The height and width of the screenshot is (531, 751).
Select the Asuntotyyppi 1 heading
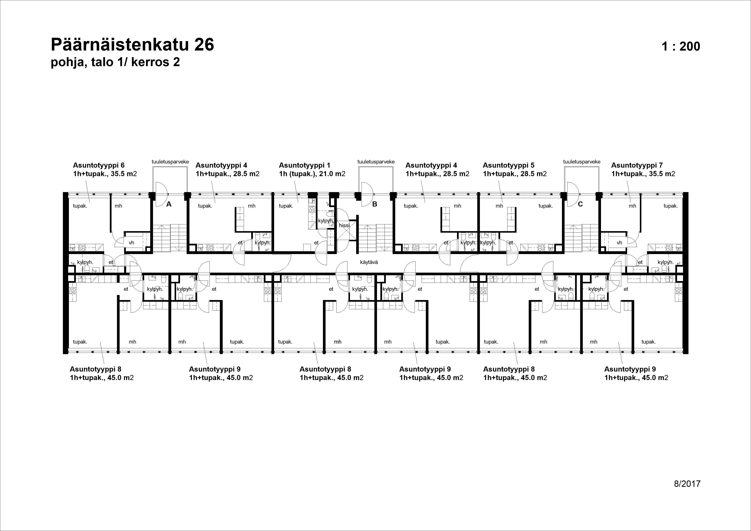coord(305,165)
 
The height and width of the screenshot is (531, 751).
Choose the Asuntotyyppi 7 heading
coord(637,165)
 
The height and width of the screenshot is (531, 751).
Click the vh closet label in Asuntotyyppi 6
coord(131,243)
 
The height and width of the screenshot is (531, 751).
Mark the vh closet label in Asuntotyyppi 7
coord(619,243)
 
